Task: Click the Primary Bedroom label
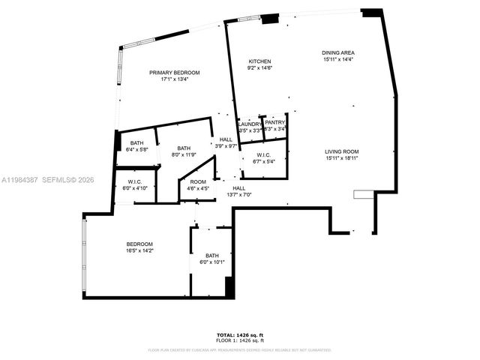click(x=175, y=73)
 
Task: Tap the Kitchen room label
click(x=260, y=61)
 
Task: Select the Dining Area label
click(x=338, y=53)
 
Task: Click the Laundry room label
click(x=250, y=124)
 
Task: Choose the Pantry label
click(x=275, y=122)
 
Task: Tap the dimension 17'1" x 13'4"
click(x=175, y=79)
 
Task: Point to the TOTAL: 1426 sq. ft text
click(x=239, y=334)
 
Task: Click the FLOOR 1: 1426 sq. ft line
click(x=239, y=340)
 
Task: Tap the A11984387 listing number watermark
click(x=21, y=179)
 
